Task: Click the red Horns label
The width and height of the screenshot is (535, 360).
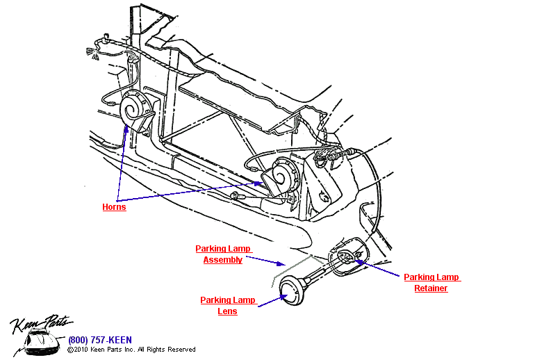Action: point(114,207)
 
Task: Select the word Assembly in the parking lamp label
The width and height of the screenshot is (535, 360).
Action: point(222,260)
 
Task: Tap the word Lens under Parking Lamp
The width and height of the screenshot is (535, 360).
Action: point(227,311)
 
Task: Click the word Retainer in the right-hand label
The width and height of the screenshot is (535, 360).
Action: point(431,288)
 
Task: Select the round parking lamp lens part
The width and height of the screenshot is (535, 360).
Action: point(291,290)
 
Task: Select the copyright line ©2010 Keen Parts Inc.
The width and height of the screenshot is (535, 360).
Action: point(131,350)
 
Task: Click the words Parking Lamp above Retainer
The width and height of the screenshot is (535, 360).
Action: point(432,277)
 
